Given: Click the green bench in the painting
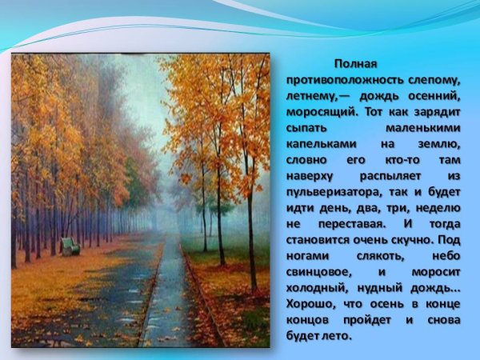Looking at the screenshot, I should [x=70, y=246].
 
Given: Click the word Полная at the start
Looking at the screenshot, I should [x=355, y=64].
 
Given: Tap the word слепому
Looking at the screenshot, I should [x=435, y=81].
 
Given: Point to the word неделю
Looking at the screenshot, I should [x=438, y=208].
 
